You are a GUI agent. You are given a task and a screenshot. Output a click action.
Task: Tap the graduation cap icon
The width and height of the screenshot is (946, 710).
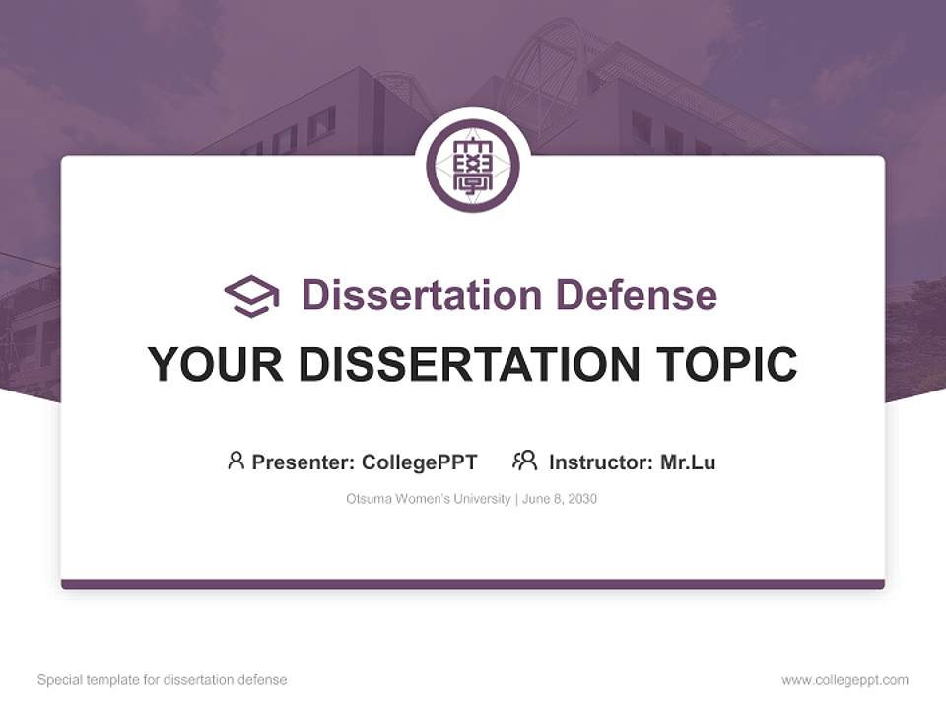pyautogui.click(x=251, y=296)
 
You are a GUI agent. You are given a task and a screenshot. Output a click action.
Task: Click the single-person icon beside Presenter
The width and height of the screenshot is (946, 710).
pyautogui.click(x=236, y=461)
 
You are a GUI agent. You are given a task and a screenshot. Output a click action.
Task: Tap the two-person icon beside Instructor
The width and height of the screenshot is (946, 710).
pyautogui.click(x=525, y=461)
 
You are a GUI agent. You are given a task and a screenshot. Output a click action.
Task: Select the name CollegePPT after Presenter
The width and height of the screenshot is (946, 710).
pyautogui.click(x=420, y=462)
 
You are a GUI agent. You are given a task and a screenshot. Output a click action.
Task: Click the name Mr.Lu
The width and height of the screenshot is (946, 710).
pyautogui.click(x=688, y=462)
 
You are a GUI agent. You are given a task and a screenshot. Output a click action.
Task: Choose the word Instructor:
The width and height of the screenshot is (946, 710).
pyautogui.click(x=601, y=462)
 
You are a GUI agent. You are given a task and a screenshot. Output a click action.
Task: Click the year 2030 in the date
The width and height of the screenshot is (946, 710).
pyautogui.click(x=581, y=499)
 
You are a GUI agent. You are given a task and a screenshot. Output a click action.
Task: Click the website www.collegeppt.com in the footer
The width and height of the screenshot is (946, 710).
pyautogui.click(x=845, y=680)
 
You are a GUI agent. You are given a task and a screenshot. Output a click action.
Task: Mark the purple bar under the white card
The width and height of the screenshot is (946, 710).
pyautogui.click(x=473, y=584)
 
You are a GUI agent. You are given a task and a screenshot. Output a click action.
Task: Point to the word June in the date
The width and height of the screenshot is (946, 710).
pyautogui.click(x=536, y=499)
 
